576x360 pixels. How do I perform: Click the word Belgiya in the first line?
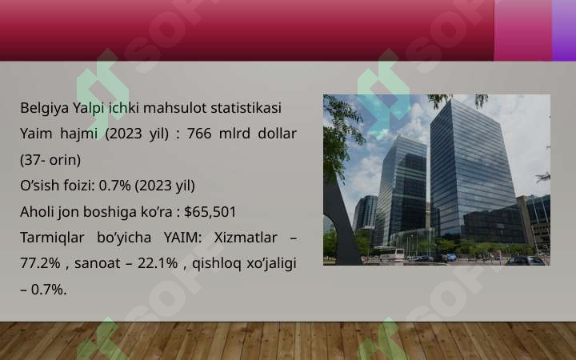click(x=45, y=109)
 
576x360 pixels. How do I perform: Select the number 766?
click(x=199, y=134)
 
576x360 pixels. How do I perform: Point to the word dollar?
click(x=278, y=134)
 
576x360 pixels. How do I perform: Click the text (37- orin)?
click(x=50, y=160)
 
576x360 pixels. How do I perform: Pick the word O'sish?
click(x=40, y=186)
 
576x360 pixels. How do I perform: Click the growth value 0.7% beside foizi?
click(x=114, y=186)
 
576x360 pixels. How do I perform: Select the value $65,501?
click(x=210, y=212)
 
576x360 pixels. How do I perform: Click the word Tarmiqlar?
click(x=52, y=238)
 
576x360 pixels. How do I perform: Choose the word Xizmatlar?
click(x=246, y=238)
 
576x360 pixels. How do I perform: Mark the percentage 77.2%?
click(x=40, y=263)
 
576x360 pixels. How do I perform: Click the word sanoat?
click(x=98, y=264)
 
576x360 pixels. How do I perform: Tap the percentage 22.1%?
click(x=158, y=263)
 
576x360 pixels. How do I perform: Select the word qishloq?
click(x=217, y=264)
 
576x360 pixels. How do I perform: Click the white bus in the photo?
click(x=391, y=255)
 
